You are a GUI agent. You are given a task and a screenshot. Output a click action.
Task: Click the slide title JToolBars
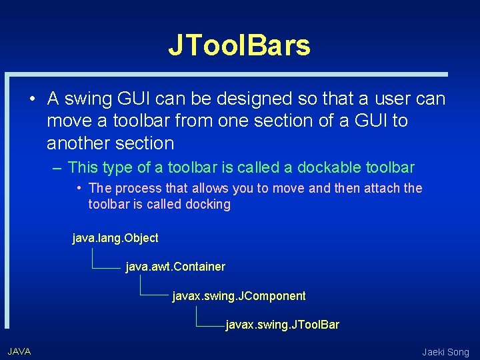click(239, 45)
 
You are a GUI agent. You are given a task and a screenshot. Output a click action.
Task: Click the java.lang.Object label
click(115, 238)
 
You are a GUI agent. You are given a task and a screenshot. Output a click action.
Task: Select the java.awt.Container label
click(175, 267)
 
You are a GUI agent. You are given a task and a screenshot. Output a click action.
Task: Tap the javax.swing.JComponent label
click(239, 296)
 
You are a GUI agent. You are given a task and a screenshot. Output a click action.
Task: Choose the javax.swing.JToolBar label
click(283, 325)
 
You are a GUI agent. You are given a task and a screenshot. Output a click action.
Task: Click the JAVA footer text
click(19, 351)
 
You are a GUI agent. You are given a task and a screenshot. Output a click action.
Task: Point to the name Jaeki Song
click(445, 352)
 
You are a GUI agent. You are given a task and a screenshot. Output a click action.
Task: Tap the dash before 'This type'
click(58, 168)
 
